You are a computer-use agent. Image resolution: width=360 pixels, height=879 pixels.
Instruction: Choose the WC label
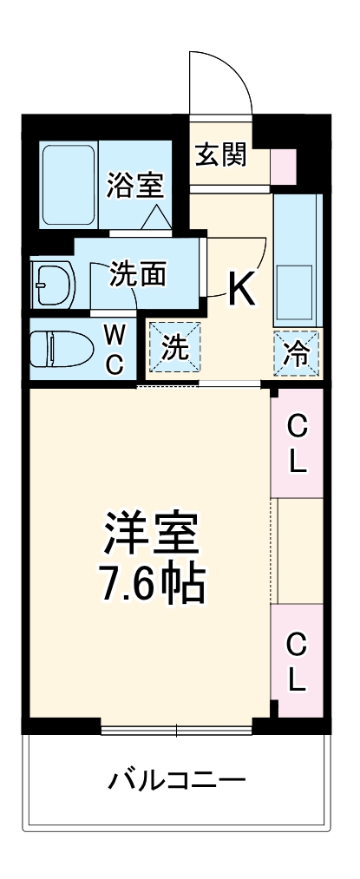(x=115, y=349)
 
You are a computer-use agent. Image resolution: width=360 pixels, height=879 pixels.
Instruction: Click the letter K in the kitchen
(x=241, y=289)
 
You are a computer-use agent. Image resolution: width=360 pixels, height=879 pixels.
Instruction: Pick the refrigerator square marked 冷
(x=296, y=351)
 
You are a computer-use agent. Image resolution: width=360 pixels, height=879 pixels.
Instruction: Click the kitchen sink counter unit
(x=298, y=259)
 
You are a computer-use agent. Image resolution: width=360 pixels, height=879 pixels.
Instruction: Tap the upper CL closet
(x=297, y=443)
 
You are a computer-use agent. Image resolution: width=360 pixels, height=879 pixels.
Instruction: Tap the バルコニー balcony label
(x=176, y=779)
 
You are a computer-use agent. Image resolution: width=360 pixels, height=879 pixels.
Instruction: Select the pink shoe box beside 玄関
(x=283, y=162)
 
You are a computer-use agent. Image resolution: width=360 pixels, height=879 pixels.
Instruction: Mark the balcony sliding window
(x=177, y=725)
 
